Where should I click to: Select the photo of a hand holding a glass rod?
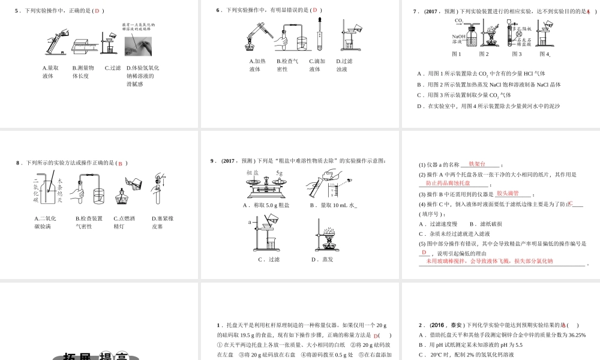click(x=139, y=45)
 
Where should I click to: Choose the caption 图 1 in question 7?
click(x=457, y=54)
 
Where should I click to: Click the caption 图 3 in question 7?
click(x=517, y=54)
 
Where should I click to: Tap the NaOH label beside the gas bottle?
click(x=459, y=37)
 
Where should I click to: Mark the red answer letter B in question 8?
click(x=119, y=163)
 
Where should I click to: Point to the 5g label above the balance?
click(x=280, y=173)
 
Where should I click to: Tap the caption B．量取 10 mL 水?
click(x=333, y=205)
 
